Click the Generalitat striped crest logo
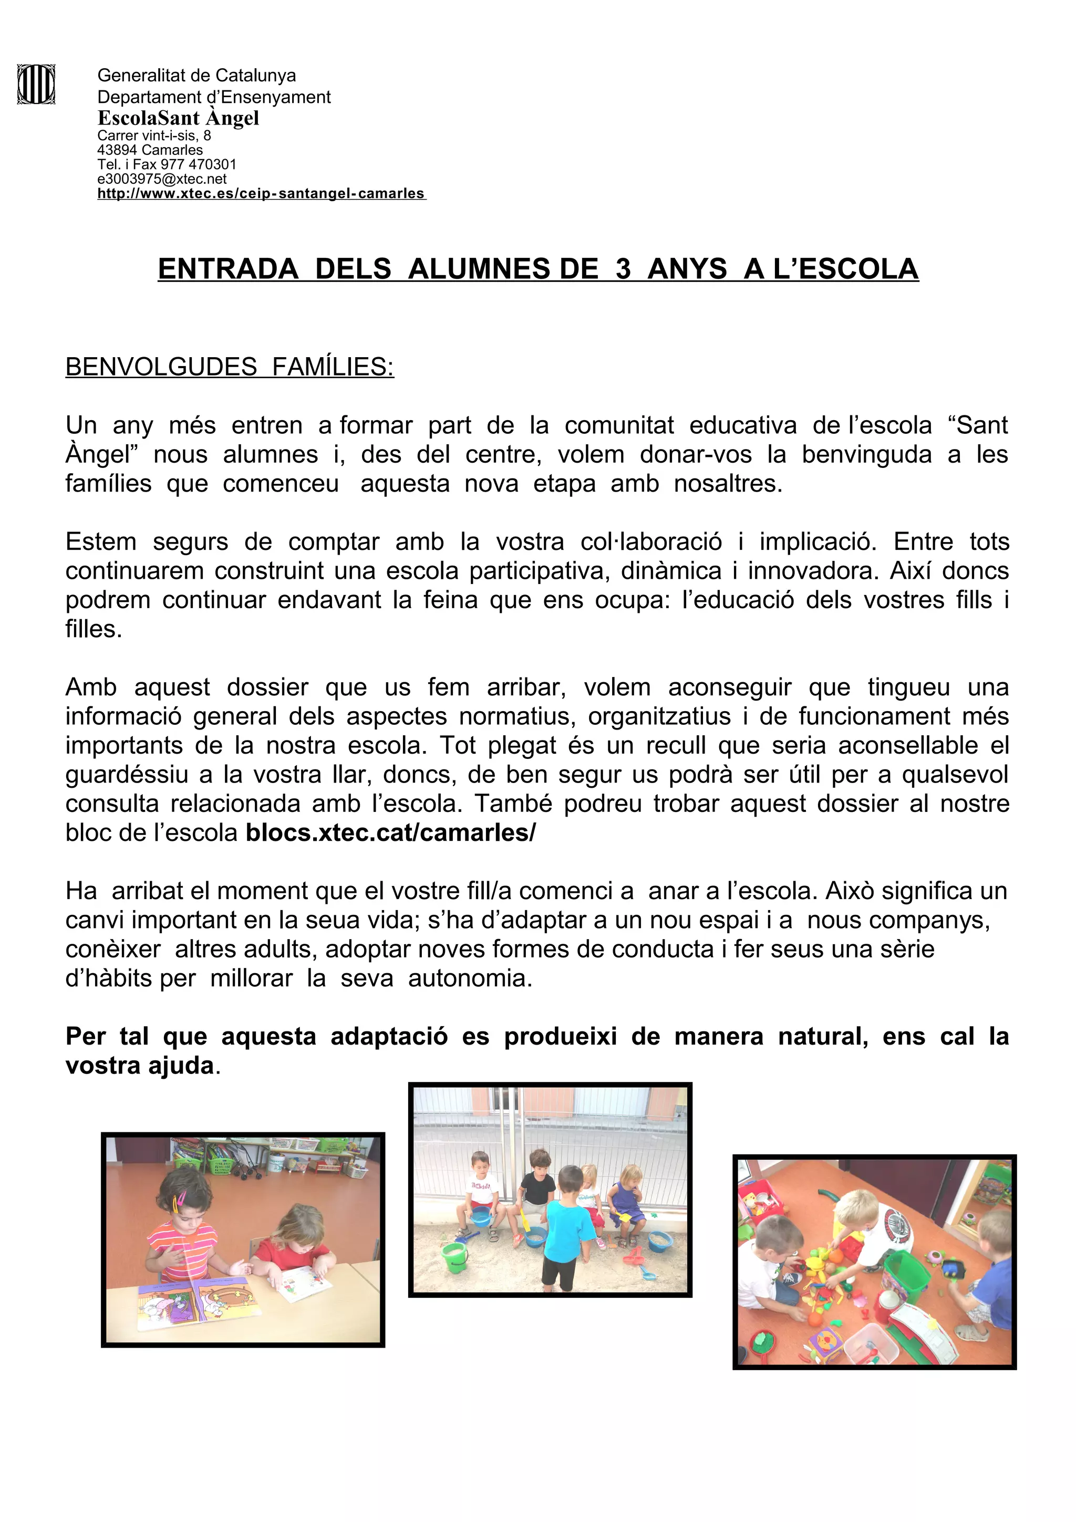coord(36,84)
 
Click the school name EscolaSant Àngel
coord(178,118)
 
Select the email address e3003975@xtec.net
coord(162,179)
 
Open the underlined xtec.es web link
coord(261,194)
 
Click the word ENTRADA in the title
coord(228,269)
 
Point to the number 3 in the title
coord(623,269)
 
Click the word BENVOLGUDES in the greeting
coord(161,367)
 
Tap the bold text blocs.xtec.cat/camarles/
coord(390,832)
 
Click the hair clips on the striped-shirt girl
coord(180,1199)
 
